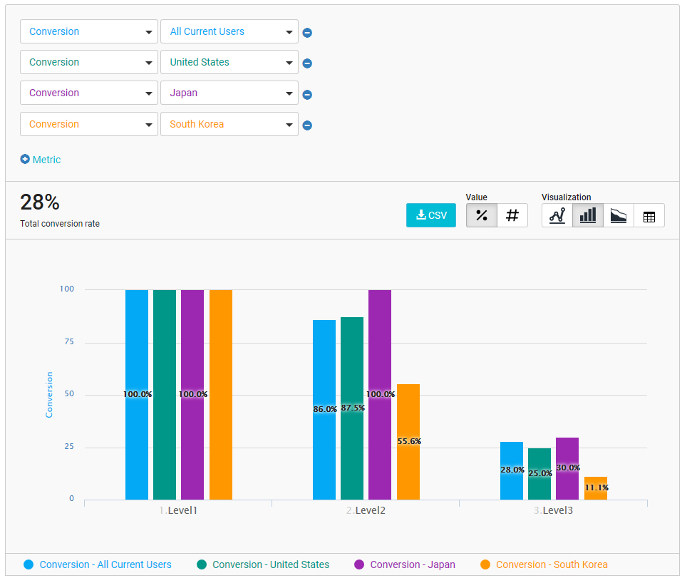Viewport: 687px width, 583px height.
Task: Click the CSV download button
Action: [431, 215]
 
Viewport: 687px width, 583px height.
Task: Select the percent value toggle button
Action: [482, 215]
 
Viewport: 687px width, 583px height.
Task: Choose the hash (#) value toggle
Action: [512, 215]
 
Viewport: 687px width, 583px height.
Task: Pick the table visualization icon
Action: [649, 215]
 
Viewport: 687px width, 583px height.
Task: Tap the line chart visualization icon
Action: [557, 215]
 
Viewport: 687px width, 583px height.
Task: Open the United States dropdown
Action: [229, 62]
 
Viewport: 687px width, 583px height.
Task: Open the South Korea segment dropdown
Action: [229, 124]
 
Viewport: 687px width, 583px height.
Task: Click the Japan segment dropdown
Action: [229, 93]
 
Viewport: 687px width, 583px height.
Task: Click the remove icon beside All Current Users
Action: [307, 32]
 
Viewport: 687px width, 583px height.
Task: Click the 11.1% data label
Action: [596, 488]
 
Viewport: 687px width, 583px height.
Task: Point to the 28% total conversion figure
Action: [40, 202]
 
